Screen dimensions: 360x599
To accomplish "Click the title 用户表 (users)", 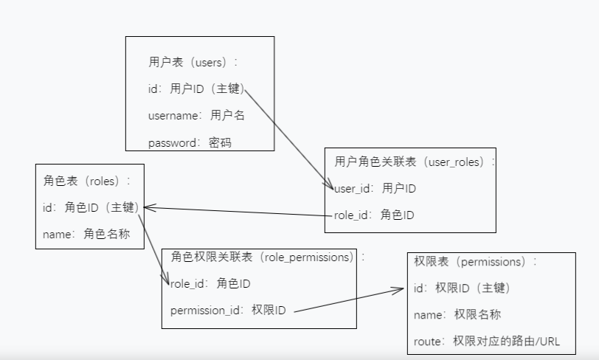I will (x=193, y=63).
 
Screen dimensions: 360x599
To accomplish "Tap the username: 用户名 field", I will (x=196, y=115).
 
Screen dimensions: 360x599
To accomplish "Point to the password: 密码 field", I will (x=190, y=142).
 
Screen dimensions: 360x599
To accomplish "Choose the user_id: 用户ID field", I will (x=375, y=189).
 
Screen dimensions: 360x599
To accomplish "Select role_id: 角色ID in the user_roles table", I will (x=374, y=215).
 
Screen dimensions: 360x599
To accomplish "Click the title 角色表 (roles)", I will (x=88, y=181).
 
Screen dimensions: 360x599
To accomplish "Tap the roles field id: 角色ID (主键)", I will (x=91, y=208).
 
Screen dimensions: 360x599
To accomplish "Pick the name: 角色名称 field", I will (x=86, y=235).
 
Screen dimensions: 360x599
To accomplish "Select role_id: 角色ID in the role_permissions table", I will (x=210, y=283).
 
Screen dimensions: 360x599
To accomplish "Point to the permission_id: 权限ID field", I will (x=228, y=311).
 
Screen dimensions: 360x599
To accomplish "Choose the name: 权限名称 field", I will (x=457, y=315).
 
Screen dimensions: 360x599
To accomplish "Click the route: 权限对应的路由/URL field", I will (x=488, y=342).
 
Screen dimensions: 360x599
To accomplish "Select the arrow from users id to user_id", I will (x=288, y=140).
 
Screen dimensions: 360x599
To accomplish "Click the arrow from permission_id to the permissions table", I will (x=347, y=300).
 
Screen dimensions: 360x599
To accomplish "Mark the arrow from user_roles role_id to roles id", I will (x=236, y=212).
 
